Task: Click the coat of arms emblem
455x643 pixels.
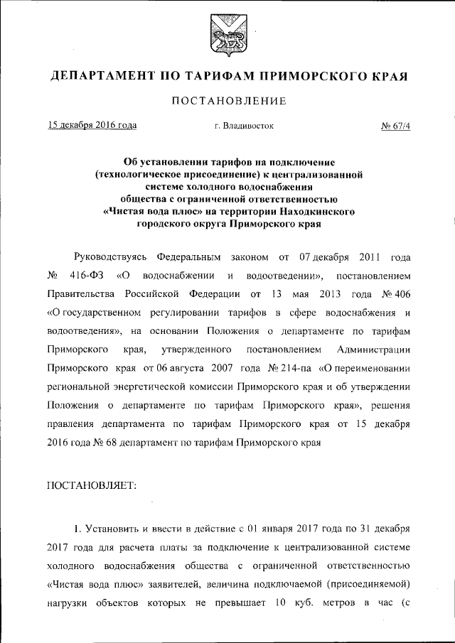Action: (227, 36)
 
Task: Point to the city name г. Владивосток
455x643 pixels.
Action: (244, 126)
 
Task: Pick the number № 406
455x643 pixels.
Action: (395, 313)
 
